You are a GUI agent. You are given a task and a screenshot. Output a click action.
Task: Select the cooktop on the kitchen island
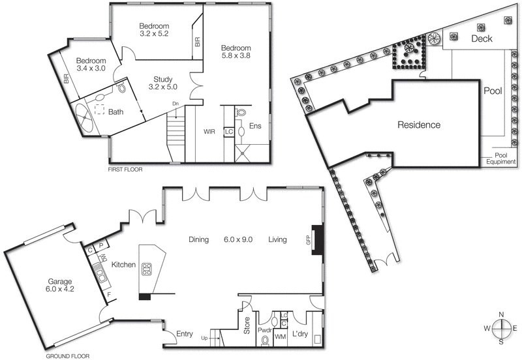pyautogui.click(x=147, y=267)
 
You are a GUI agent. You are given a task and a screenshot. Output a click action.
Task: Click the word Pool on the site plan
pyautogui.click(x=493, y=91)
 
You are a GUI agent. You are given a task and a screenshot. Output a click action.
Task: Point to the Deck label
pyautogui.click(x=482, y=39)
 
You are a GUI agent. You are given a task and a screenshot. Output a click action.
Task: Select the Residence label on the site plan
pyautogui.click(x=419, y=125)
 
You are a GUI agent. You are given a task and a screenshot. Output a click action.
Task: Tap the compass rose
pyautogui.click(x=500, y=328)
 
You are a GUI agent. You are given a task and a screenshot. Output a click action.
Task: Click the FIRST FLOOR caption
pyautogui.click(x=125, y=169)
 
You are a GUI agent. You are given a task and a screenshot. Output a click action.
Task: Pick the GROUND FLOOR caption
pyautogui.click(x=67, y=356)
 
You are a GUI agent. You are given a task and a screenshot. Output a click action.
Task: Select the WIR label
pyautogui.click(x=209, y=131)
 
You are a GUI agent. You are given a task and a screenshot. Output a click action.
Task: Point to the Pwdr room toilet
pyautogui.click(x=264, y=339)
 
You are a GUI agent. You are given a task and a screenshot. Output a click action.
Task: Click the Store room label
pyautogui.click(x=247, y=325)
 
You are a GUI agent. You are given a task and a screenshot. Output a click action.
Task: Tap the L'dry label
pyautogui.click(x=301, y=335)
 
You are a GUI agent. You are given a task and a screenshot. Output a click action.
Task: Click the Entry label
pyautogui.click(x=185, y=335)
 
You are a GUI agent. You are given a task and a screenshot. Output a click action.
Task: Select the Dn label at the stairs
pyautogui.click(x=175, y=104)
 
